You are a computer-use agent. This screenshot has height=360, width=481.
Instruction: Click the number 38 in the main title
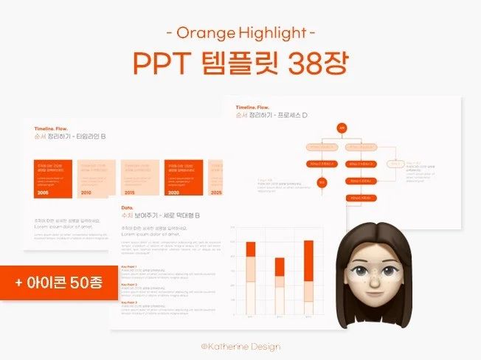(x=291, y=64)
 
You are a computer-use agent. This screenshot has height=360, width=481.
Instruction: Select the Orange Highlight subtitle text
(x=240, y=32)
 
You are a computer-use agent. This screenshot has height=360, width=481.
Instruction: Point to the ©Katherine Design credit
(x=240, y=346)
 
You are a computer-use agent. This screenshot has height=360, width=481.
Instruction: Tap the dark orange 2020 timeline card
(x=182, y=177)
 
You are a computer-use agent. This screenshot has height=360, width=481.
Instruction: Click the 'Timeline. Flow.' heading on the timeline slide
(x=51, y=128)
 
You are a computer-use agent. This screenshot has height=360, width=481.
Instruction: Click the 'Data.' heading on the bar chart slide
(x=127, y=208)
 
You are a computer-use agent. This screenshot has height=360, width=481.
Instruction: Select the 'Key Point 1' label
(x=129, y=267)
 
